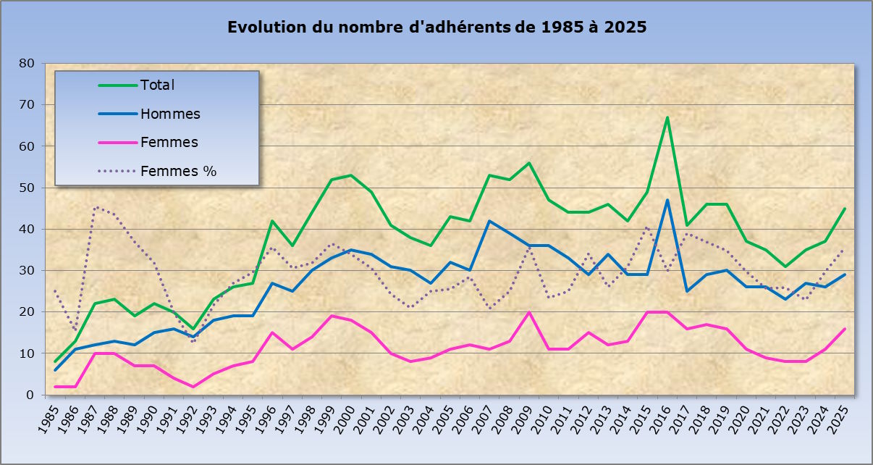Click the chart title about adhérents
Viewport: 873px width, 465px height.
click(436, 28)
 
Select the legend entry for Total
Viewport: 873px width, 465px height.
click(157, 85)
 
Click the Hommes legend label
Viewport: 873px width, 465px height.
click(170, 114)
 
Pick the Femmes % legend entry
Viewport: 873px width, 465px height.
click(178, 172)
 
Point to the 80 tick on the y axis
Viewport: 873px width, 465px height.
click(27, 63)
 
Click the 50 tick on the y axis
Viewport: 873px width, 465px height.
click(27, 188)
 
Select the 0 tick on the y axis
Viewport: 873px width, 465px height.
click(30, 395)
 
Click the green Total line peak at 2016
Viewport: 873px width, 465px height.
click(667, 117)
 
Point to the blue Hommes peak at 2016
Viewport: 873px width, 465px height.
click(667, 201)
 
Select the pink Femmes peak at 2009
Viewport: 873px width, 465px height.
click(528, 312)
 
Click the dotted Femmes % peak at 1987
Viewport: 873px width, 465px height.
click(95, 208)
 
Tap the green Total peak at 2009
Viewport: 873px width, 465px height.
click(528, 163)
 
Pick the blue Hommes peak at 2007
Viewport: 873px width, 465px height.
click(489, 221)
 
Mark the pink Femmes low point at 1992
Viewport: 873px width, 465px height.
click(193, 387)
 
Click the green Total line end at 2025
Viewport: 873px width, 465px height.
click(844, 209)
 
